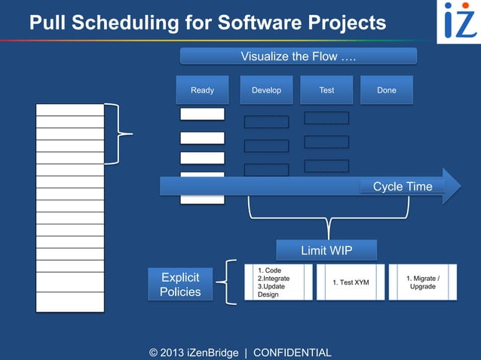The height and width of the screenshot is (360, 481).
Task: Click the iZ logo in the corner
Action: (459, 20)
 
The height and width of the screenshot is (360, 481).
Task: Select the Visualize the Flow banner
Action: (298, 56)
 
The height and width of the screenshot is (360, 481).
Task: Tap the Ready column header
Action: (202, 90)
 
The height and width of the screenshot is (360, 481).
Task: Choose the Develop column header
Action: (266, 90)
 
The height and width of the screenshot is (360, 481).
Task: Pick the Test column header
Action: (326, 90)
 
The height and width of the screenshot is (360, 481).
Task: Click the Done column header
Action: (386, 90)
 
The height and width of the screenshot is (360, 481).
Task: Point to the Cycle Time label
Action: (403, 187)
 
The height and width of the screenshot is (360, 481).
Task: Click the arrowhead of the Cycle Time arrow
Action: (452, 186)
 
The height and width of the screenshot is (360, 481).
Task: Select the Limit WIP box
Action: (326, 250)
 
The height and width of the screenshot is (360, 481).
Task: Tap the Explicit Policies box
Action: (180, 285)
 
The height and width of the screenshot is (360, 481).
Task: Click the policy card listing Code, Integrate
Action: (277, 282)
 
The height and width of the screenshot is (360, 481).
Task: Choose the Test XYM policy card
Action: (351, 282)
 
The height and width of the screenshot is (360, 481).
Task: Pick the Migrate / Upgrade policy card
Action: (422, 282)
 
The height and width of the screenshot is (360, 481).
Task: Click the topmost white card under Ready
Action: (202, 114)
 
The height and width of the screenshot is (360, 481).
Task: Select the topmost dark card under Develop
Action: (266, 122)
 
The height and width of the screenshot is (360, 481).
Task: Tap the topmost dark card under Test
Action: (326, 118)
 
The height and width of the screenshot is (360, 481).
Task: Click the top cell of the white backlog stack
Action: (70, 110)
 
